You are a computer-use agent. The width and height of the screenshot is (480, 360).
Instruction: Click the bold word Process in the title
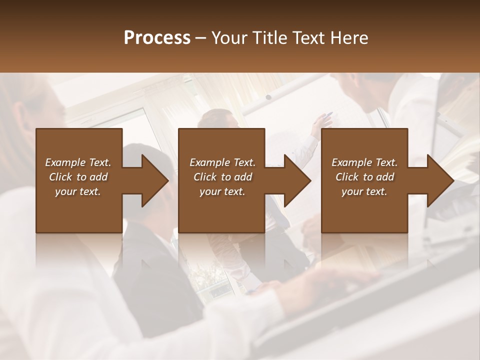point(157,38)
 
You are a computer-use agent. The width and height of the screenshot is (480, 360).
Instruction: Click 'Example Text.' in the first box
point(78,162)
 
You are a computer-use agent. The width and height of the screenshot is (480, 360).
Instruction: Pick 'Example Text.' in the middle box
point(222,162)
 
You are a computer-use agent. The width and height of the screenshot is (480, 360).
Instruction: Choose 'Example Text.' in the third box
point(364,162)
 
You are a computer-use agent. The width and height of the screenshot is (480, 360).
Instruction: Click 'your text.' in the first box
point(78,191)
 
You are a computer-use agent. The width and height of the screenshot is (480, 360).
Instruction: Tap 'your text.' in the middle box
point(222,191)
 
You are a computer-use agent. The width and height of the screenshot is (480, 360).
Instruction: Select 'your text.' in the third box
point(364,191)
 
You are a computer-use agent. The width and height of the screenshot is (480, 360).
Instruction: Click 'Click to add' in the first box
point(78,177)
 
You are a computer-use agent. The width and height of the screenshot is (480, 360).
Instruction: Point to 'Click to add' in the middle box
point(222,177)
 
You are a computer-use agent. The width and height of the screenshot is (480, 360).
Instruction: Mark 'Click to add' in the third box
point(364,177)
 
